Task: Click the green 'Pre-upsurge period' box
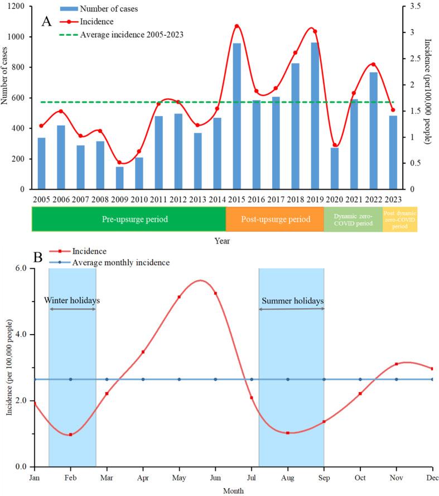coord(128,219)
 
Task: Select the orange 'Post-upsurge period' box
coord(275,219)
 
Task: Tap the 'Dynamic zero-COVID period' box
coord(353,219)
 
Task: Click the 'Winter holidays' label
coord(72,301)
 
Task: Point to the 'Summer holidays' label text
coord(291,301)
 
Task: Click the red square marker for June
coord(215,293)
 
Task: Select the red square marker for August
coord(288,433)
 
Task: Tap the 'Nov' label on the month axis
coord(396,478)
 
